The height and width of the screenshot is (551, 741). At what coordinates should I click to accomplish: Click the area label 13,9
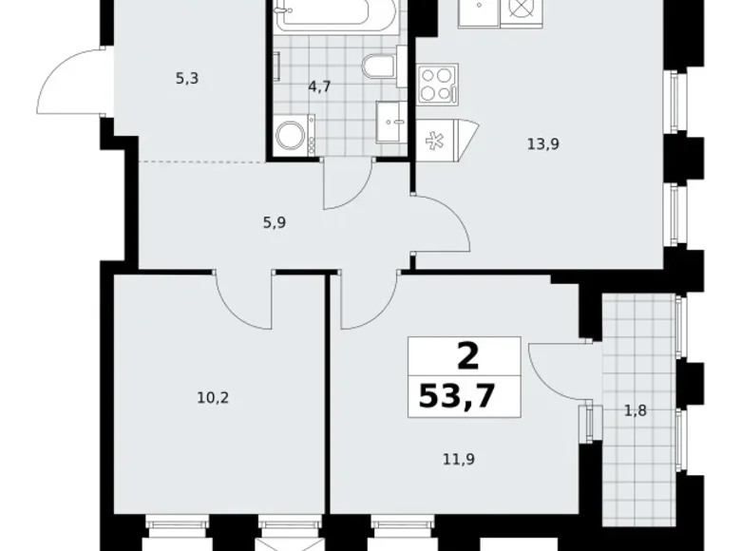point(541,144)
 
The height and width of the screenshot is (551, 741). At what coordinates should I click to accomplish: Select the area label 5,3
point(186,80)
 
